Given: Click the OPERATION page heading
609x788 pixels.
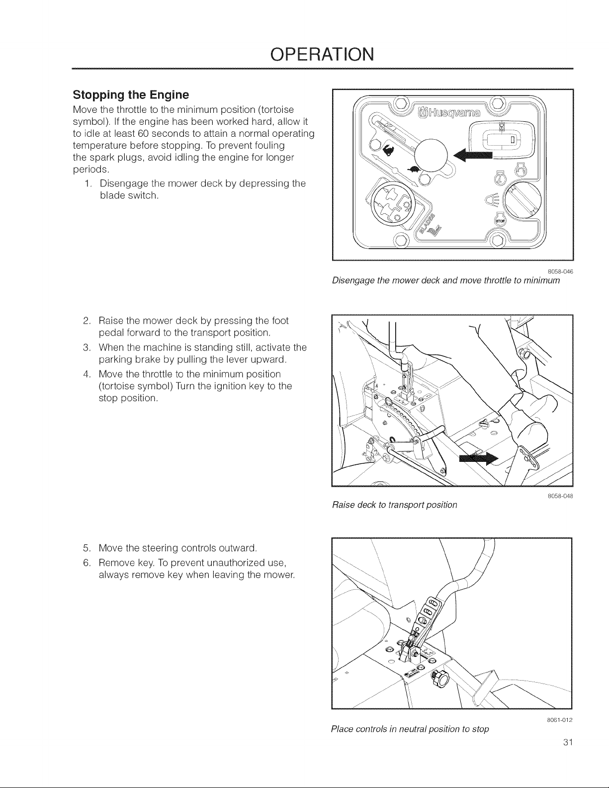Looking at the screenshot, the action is click(x=322, y=54).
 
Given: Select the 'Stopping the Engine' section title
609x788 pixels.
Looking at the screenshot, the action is click(x=131, y=95).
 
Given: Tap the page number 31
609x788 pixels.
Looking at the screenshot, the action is click(x=568, y=742).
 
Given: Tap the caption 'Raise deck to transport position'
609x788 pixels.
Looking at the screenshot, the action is click(x=394, y=505).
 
